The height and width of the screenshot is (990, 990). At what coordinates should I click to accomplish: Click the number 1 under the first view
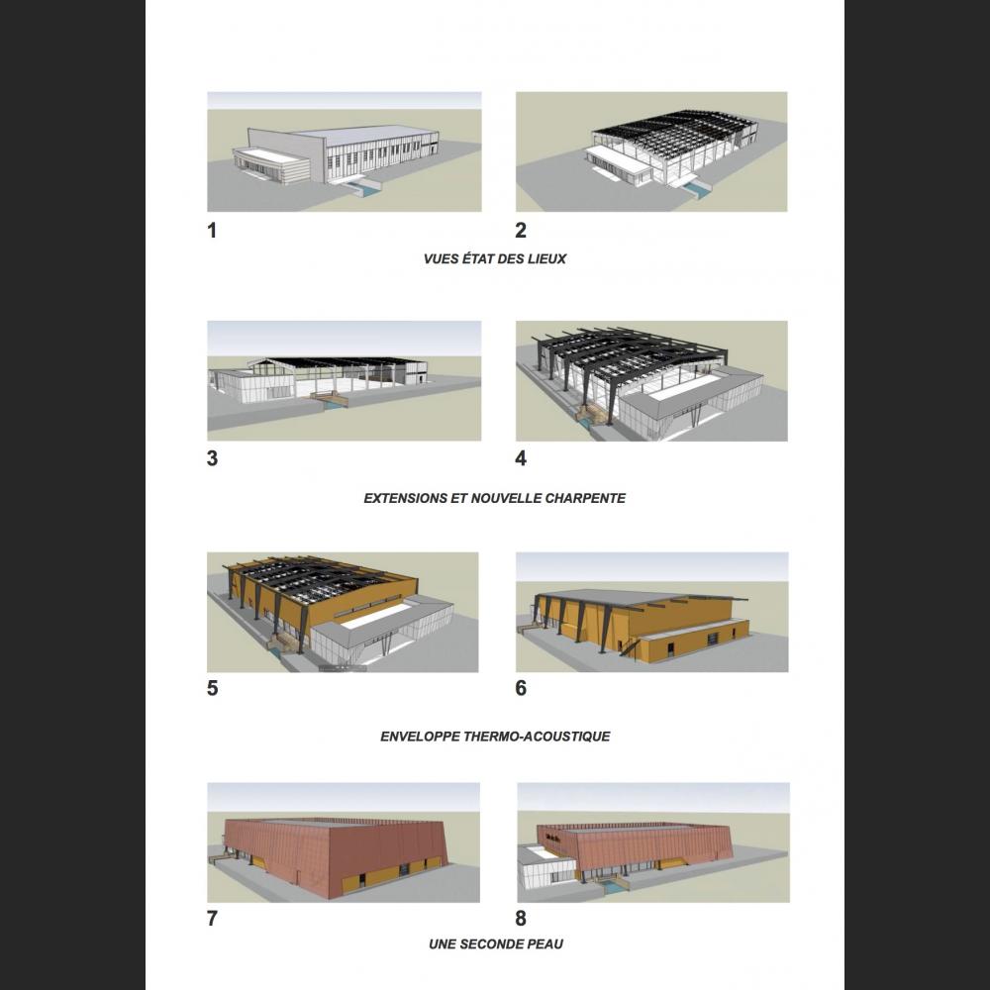[x=212, y=231]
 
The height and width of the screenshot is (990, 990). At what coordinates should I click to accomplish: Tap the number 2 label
[x=521, y=231]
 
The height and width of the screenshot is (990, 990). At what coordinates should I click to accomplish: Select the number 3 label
[x=212, y=458]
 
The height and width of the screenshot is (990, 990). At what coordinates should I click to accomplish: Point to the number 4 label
[x=521, y=458]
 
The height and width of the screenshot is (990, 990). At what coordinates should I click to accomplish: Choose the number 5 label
[x=212, y=688]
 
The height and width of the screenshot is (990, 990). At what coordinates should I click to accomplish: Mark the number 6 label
[x=521, y=688]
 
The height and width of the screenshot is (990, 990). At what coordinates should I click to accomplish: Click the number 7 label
[x=212, y=919]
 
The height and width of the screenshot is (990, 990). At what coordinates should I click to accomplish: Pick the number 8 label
[x=521, y=919]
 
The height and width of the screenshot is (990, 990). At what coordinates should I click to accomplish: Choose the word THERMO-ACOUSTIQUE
[x=537, y=737]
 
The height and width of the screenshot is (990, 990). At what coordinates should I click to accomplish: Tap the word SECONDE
[x=492, y=944]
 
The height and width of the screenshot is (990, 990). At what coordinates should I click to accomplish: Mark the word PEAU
[x=544, y=944]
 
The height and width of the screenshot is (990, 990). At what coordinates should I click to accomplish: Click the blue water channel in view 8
[x=611, y=888]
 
